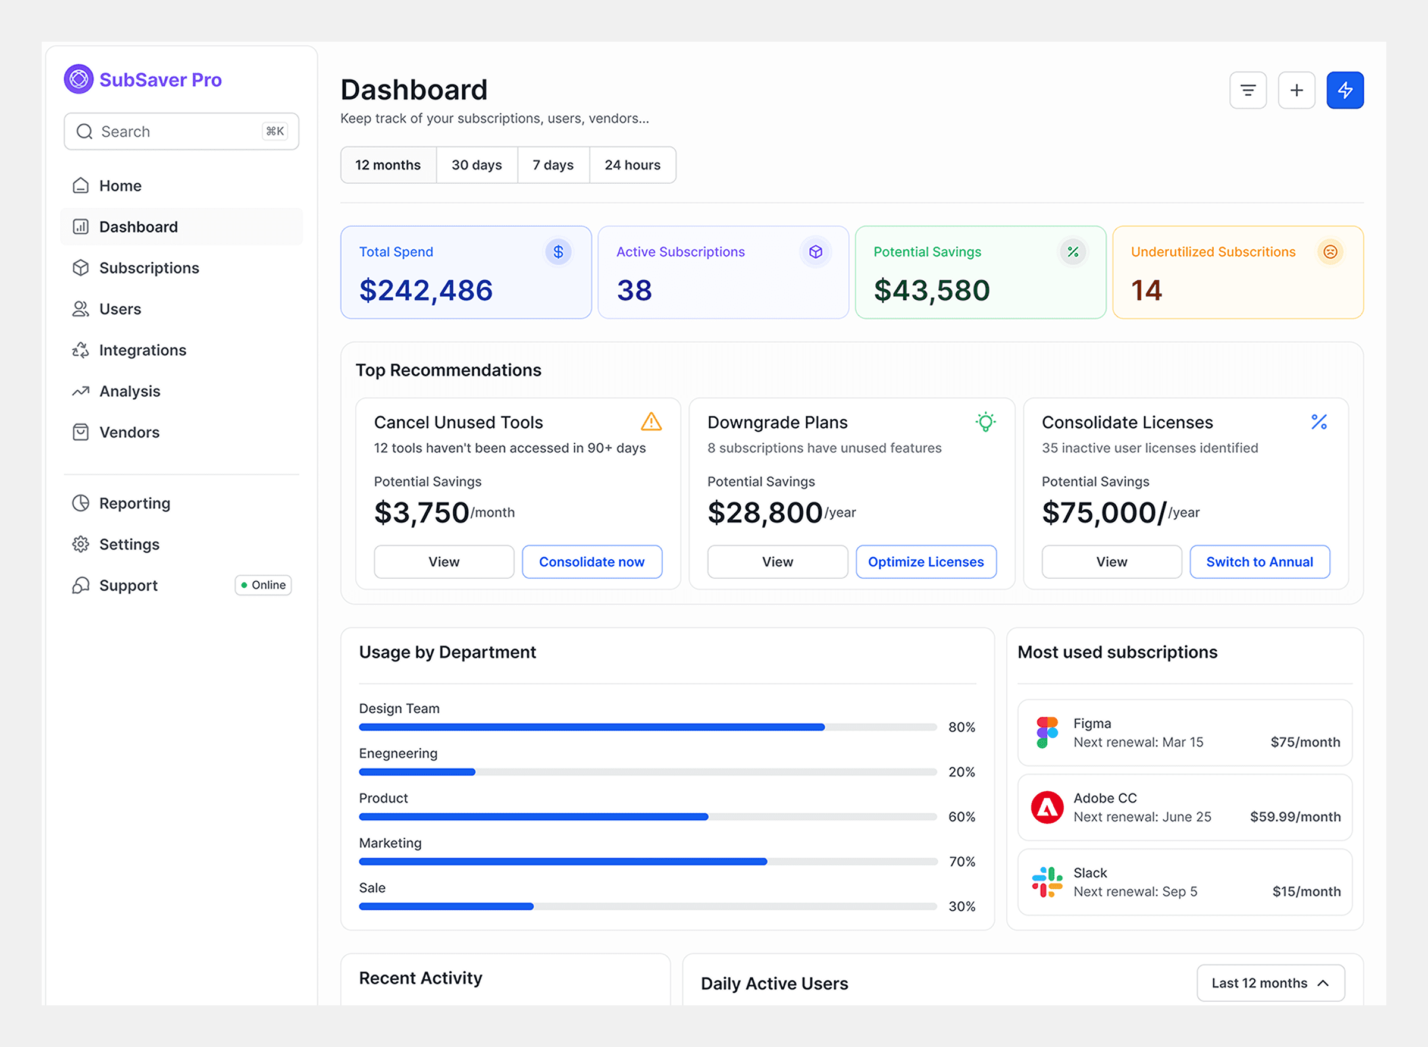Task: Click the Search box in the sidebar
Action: point(181,131)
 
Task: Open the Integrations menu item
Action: point(143,350)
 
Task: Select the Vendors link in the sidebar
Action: point(129,432)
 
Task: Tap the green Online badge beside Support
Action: point(263,585)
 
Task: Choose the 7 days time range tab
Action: point(553,165)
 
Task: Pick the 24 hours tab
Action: point(632,165)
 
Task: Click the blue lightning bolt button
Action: point(1344,90)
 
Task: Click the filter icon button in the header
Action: point(1247,90)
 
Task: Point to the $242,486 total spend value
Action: point(425,290)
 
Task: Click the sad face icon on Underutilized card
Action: point(1330,252)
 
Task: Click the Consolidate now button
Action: point(591,562)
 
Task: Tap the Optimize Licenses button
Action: point(925,562)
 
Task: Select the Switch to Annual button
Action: point(1259,562)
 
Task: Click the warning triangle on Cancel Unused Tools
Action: point(651,421)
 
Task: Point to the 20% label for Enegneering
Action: point(961,772)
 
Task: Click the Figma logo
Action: point(1047,732)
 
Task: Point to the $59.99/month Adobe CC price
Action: point(1294,816)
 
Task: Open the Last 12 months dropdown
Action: point(1270,982)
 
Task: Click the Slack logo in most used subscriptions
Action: point(1047,882)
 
